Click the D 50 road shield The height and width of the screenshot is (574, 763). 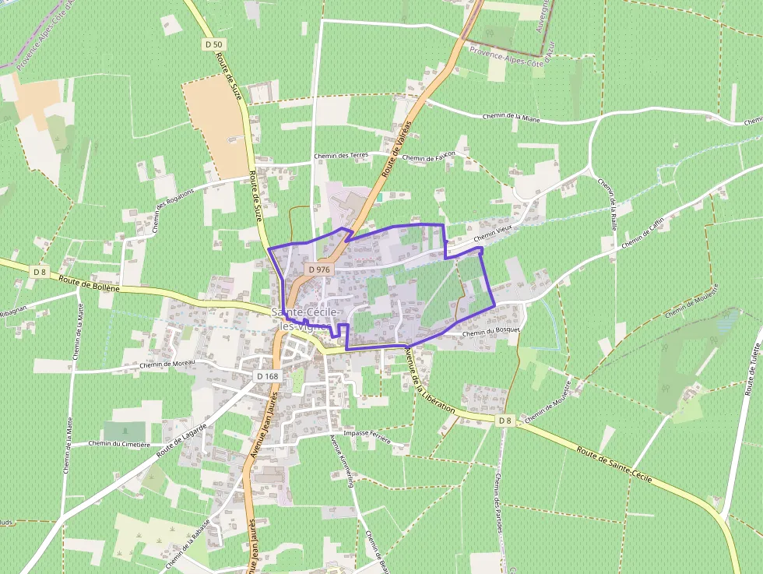213,44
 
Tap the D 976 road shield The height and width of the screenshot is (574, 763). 319,269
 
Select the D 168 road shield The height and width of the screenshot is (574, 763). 267,376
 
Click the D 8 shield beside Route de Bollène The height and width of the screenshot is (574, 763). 40,271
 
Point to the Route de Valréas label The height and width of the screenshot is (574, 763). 396,150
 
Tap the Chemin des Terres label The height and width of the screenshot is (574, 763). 341,156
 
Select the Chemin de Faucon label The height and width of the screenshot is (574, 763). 429,157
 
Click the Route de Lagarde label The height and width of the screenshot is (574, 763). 181,441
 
